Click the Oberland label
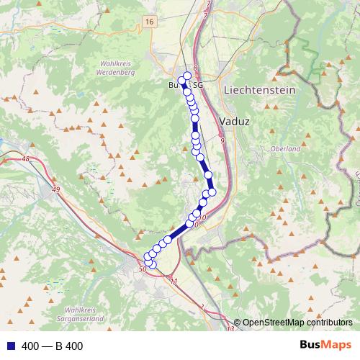coord(284,148)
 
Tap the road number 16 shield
coord(149,22)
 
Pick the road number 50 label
coord(142,269)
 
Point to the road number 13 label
coord(230,329)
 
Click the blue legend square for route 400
coord(9,346)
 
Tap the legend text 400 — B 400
coord(53,346)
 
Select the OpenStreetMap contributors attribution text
coord(297,323)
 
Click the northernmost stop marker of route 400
coord(188,76)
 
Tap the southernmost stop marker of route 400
coord(152,265)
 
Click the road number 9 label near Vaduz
coord(223,140)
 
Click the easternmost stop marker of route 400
coord(212,192)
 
